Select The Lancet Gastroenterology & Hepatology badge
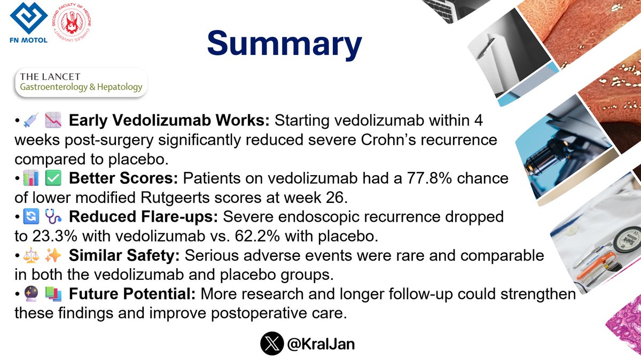click(x=80, y=81)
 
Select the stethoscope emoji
click(x=53, y=217)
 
